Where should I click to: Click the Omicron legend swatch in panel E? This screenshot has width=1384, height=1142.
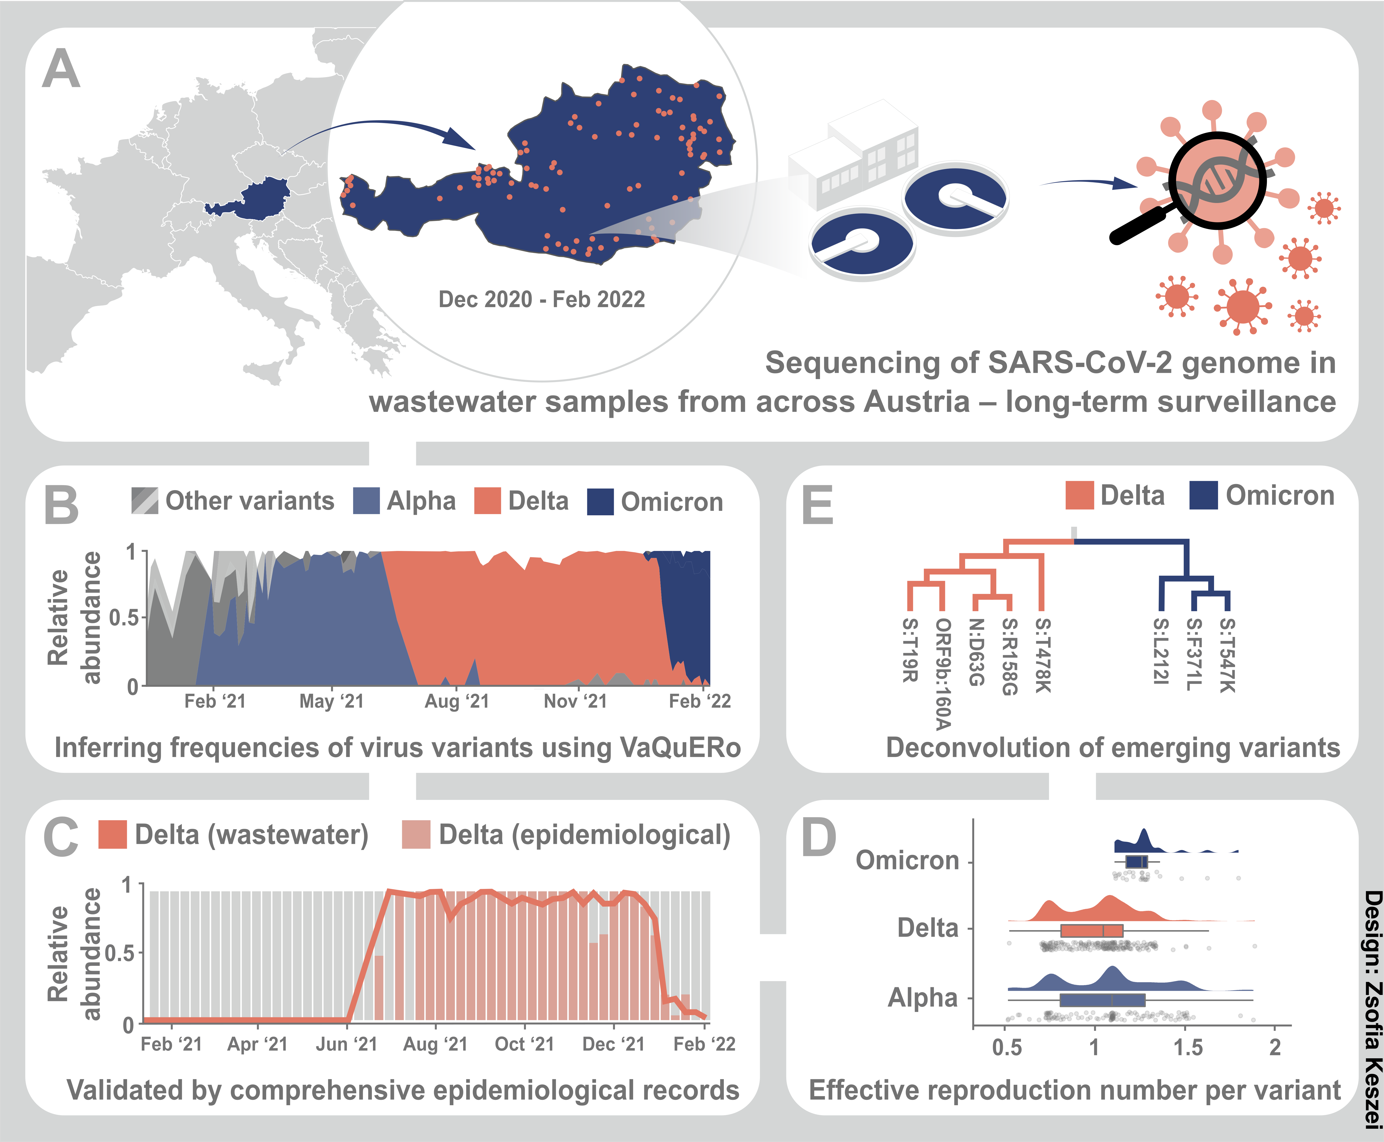click(x=1204, y=495)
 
